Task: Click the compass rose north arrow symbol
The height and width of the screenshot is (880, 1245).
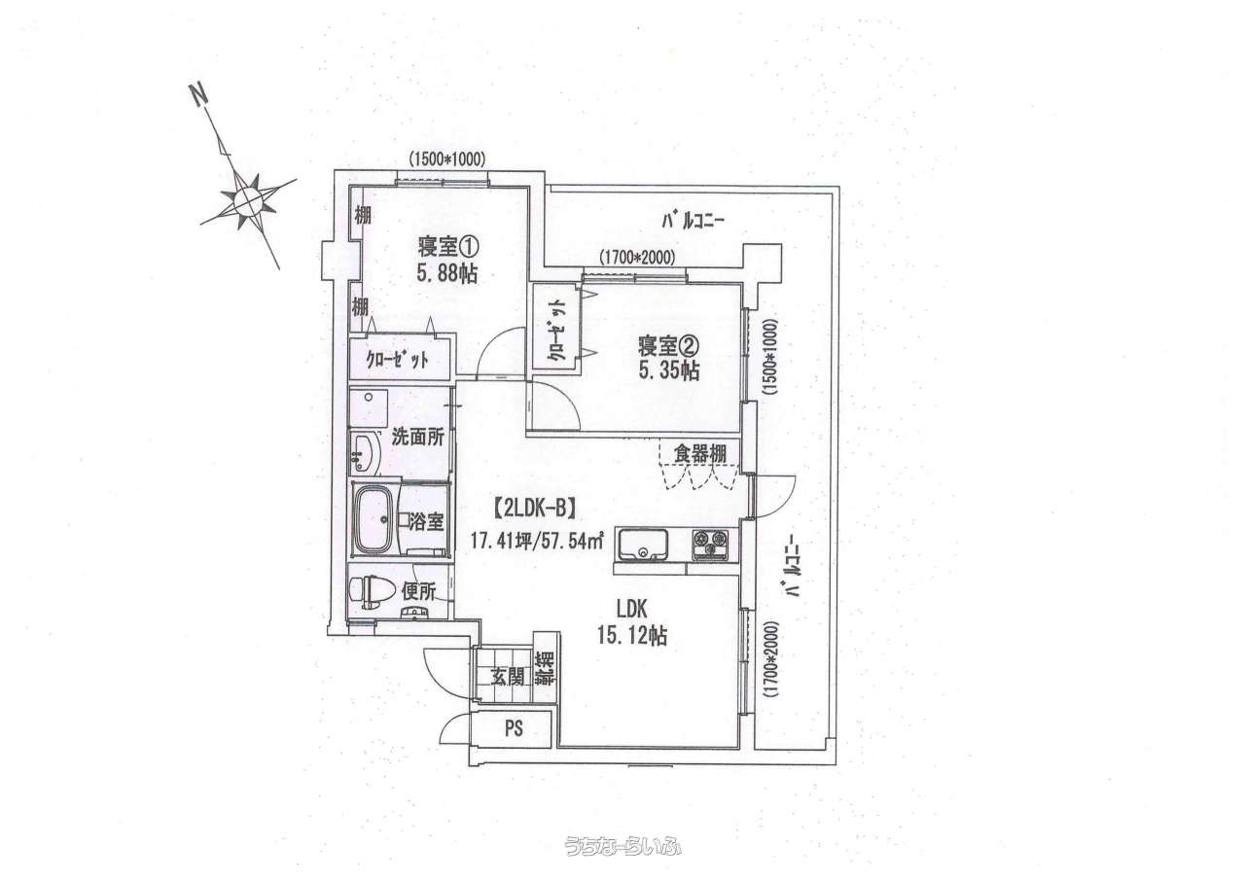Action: click(x=247, y=197)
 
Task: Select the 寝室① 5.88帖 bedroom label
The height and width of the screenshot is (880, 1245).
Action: click(x=448, y=260)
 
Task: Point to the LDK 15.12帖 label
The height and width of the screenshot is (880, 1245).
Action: click(x=633, y=622)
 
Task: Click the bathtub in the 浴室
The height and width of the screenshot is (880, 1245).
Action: click(x=374, y=519)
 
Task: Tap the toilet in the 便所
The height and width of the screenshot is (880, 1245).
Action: click(x=370, y=591)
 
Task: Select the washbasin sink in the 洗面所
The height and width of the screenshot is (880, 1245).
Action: click(x=364, y=451)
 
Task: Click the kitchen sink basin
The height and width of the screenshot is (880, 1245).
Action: click(x=643, y=544)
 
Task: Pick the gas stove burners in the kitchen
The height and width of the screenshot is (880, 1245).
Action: click(x=709, y=544)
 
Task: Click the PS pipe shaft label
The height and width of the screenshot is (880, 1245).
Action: click(x=515, y=728)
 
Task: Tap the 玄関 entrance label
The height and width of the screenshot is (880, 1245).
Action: click(x=507, y=677)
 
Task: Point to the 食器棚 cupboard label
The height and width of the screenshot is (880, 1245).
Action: click(x=699, y=454)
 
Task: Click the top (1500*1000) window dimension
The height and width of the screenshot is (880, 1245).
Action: click(x=446, y=159)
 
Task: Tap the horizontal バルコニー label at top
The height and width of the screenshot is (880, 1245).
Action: click(x=693, y=222)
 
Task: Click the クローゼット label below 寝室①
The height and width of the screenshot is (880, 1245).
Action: click(x=398, y=360)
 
